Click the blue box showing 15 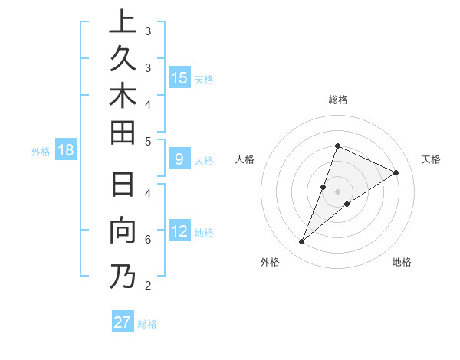[x=179, y=78]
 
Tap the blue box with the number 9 [x=179, y=160]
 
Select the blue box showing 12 [x=179, y=232]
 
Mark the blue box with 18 [x=66, y=150]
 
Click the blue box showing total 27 [x=123, y=322]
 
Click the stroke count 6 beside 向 [x=148, y=240]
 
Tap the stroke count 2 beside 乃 [x=148, y=286]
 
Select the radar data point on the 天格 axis [x=396, y=172]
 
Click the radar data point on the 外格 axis [x=301, y=242]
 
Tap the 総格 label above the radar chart [x=337, y=100]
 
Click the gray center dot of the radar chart [x=337, y=191]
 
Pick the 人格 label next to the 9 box [x=204, y=161]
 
